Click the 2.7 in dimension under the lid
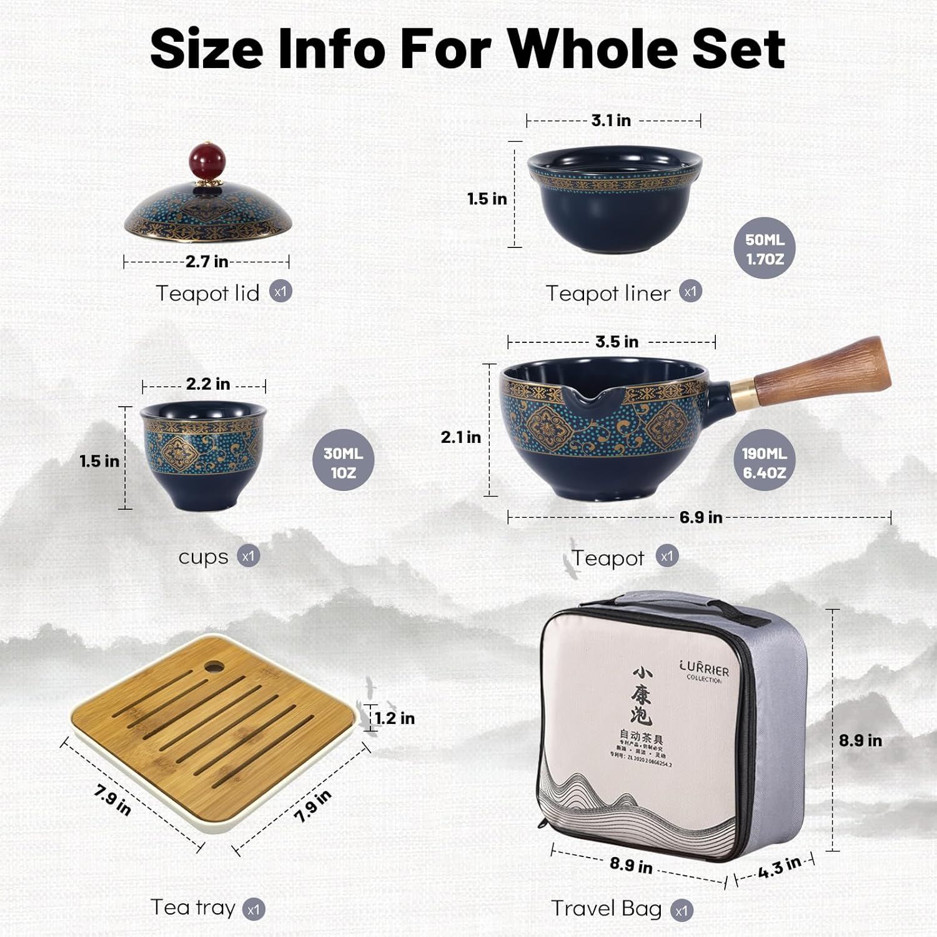207,261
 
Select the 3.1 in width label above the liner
611,120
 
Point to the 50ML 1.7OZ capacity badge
764,249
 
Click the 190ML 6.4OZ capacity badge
764,463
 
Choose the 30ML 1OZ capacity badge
343,463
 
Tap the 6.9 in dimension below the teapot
701,517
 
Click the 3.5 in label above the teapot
617,342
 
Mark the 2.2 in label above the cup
208,384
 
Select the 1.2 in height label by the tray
395,718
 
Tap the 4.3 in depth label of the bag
779,868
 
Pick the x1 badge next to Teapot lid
280,291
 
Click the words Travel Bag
606,908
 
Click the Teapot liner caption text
608,293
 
